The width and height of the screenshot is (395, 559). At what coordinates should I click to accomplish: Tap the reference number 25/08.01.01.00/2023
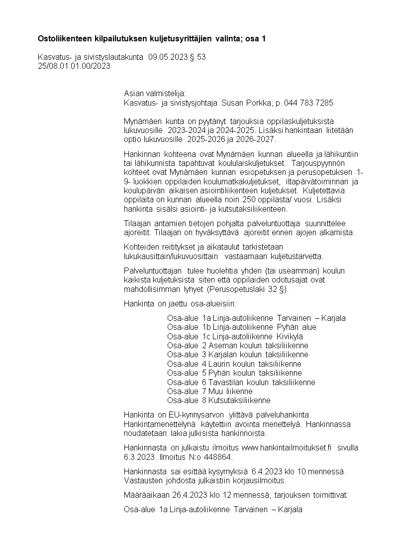[74, 66]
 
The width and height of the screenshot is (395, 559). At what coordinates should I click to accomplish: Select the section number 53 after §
[201, 57]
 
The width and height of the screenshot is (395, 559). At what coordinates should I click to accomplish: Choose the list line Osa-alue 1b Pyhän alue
[242, 327]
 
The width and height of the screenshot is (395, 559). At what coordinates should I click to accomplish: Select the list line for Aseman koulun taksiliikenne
[238, 345]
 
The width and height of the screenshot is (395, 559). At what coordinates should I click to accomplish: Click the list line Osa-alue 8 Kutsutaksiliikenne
[219, 400]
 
